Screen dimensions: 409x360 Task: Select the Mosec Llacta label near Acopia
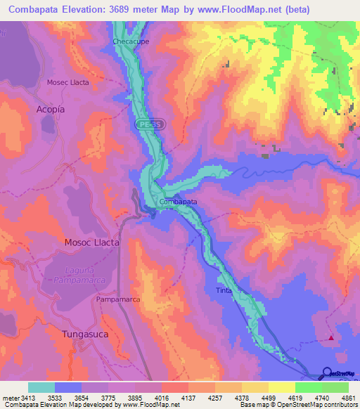coord(67,82)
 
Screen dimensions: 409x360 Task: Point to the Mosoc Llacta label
coord(92,242)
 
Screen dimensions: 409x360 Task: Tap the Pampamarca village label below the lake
coord(118,300)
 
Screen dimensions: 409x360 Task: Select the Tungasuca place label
coord(85,334)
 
